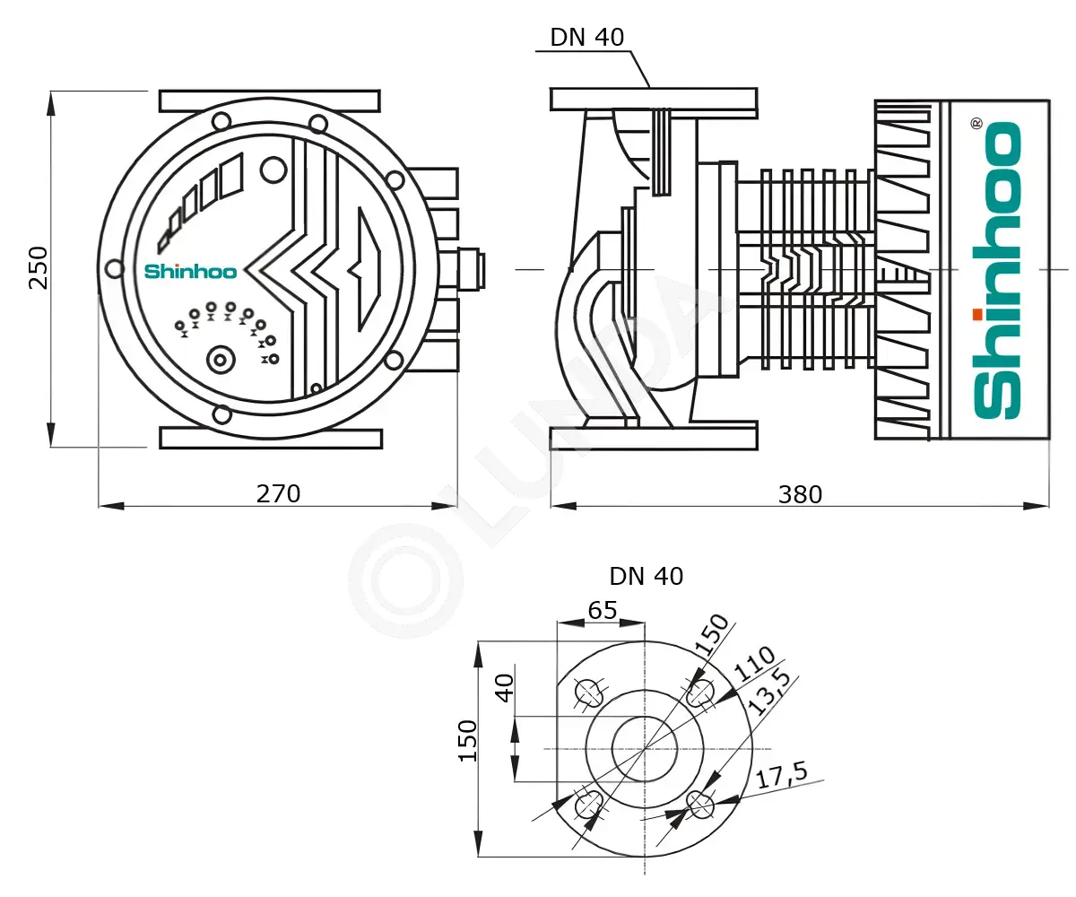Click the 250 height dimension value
point(39,268)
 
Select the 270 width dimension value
point(278,494)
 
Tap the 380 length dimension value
point(800,495)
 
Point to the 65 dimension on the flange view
point(603,610)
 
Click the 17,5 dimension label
point(782,775)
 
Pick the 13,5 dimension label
point(770,692)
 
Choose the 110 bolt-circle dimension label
point(754,664)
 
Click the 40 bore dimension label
point(505,688)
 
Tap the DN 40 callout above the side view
point(587,37)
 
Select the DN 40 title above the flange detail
point(646,577)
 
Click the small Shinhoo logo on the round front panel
point(190,272)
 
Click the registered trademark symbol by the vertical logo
point(976,124)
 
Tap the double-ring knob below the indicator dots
point(221,361)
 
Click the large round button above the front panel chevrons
point(273,170)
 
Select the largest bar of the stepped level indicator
point(231,176)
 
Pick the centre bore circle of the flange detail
point(645,750)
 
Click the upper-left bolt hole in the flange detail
point(589,692)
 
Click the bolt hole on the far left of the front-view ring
point(115,268)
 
